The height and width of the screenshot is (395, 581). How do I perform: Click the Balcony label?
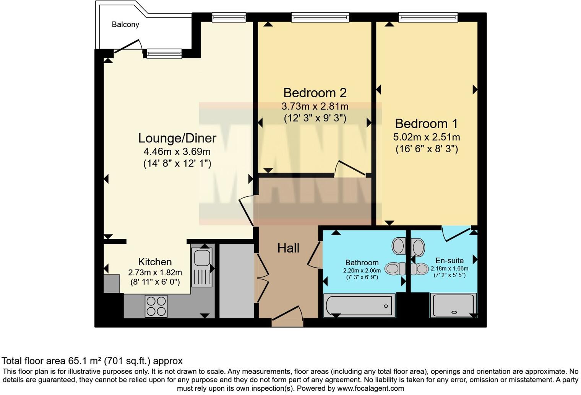pyautogui.click(x=125, y=24)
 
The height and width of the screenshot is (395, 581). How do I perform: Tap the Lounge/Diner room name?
pyautogui.click(x=177, y=138)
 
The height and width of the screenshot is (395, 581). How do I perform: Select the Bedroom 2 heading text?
pyautogui.click(x=315, y=93)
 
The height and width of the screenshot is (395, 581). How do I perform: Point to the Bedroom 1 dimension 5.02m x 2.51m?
pyautogui.click(x=426, y=137)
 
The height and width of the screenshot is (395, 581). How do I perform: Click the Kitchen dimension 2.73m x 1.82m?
pyautogui.click(x=155, y=273)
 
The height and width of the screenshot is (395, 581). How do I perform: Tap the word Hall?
pyautogui.click(x=288, y=248)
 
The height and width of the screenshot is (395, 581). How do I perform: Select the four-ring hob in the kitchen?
pyautogui.click(x=156, y=306)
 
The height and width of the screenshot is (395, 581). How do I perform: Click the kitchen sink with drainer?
pyautogui.click(x=202, y=267)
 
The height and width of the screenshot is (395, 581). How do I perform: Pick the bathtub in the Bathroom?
pyautogui.click(x=359, y=306)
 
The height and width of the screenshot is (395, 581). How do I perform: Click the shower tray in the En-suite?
pyautogui.click(x=453, y=305)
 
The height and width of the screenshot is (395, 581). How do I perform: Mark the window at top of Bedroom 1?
pyautogui.click(x=428, y=17)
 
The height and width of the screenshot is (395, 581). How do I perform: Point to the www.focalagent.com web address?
pyautogui.click(x=370, y=388)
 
